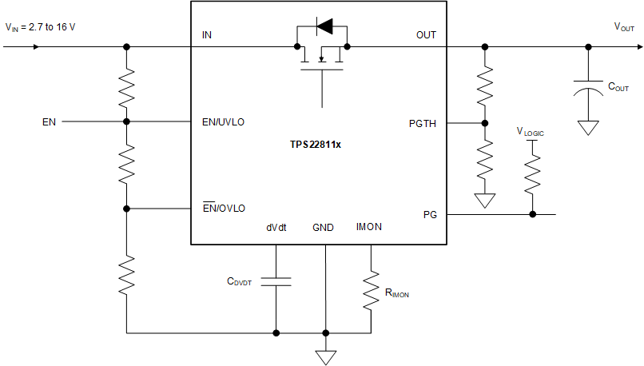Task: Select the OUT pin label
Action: [426, 35]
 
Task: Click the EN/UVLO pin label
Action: [224, 122]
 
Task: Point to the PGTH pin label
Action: [422, 123]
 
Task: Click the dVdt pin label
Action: [276, 228]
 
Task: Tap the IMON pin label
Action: [368, 227]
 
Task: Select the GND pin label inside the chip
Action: [323, 228]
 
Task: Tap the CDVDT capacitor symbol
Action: [276, 281]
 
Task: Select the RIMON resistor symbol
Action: [371, 292]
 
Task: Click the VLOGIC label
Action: [531, 132]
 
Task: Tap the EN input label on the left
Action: [50, 122]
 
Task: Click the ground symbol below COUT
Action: [588, 126]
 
